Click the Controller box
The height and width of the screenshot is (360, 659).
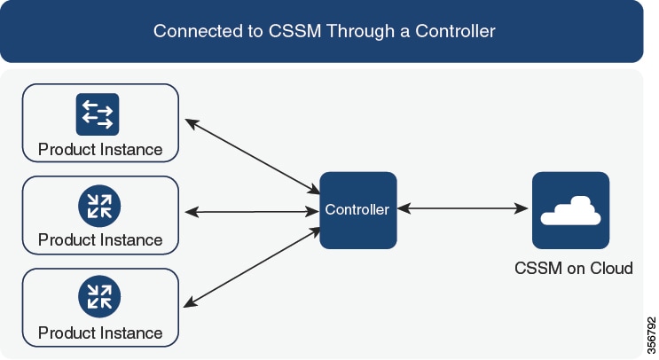tap(358, 210)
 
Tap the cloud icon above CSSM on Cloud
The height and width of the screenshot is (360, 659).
tap(570, 210)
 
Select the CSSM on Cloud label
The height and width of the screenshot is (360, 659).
tap(574, 268)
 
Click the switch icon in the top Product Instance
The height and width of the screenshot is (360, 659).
tap(98, 114)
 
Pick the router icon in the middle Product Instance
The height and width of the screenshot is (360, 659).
tap(99, 206)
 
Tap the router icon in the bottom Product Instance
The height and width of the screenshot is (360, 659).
tap(99, 296)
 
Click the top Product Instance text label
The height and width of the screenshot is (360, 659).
tap(100, 150)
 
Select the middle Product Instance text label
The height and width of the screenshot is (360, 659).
tap(100, 240)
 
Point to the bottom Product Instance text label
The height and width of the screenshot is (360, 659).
tap(100, 333)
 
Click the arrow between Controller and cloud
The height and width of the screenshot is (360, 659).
tap(462, 208)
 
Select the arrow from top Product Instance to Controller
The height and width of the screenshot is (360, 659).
tap(252, 157)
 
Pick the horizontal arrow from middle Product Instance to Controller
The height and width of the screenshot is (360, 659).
tap(252, 212)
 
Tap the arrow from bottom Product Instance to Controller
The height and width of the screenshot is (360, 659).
tap(252, 267)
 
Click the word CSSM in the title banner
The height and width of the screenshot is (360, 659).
tap(294, 31)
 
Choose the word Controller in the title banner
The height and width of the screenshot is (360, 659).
tap(455, 31)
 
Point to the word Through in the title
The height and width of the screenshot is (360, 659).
tap(361, 31)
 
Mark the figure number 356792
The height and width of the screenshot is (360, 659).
tap(651, 335)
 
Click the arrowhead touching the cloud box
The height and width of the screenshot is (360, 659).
tap(522, 208)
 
